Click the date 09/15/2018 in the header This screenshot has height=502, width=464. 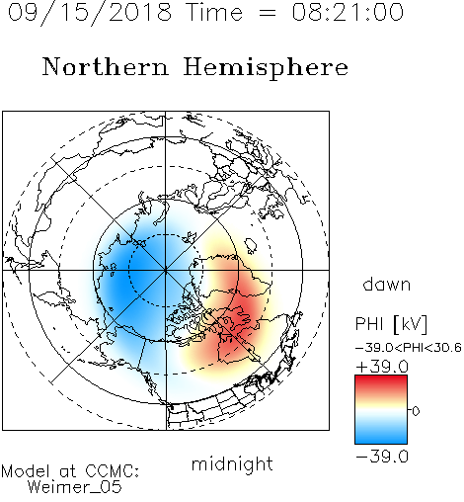[90, 13]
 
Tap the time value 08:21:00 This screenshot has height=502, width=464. [348, 12]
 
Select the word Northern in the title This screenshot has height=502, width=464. [106, 66]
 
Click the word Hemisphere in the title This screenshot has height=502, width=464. [266, 68]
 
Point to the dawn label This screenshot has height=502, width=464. [387, 284]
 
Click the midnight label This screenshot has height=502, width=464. [232, 464]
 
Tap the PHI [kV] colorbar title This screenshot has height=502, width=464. [391, 324]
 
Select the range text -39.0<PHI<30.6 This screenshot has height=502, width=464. [409, 348]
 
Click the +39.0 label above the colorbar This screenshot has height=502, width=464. [382, 367]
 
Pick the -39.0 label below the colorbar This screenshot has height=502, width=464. [382, 457]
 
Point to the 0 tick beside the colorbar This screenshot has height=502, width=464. [416, 411]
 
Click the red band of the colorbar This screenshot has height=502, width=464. [381, 382]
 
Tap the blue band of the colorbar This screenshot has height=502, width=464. [381, 435]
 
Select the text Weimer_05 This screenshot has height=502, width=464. [75, 487]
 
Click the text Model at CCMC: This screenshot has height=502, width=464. [70, 471]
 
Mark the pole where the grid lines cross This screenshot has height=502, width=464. [165, 270]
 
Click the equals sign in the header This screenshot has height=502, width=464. [267, 13]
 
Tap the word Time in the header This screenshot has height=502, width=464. [214, 12]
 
